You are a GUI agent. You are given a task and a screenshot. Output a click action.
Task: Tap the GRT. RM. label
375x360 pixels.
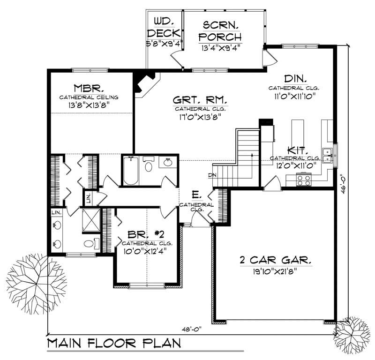(x=200, y=100)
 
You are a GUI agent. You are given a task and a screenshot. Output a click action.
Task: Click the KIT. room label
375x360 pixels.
(x=297, y=150)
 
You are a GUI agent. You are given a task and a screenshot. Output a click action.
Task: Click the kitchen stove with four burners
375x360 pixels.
(x=303, y=179)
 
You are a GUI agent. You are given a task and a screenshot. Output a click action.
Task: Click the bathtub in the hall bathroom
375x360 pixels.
(x=130, y=171)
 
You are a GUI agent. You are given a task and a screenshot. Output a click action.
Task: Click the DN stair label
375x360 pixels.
(x=212, y=176)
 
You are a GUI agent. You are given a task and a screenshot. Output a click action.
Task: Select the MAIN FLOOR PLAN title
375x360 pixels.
(x=114, y=343)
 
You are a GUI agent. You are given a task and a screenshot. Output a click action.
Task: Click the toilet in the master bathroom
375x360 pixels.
(x=90, y=244)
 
